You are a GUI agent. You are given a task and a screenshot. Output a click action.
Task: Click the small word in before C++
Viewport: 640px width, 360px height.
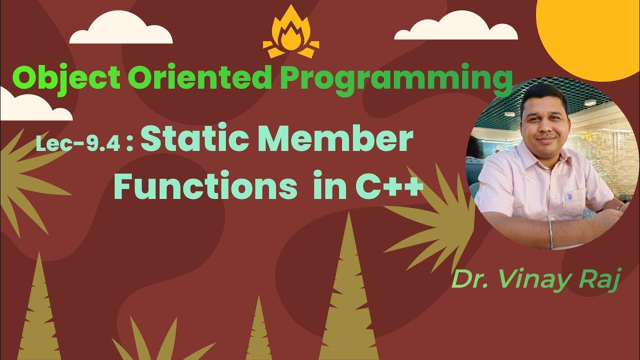tap(327, 187)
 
